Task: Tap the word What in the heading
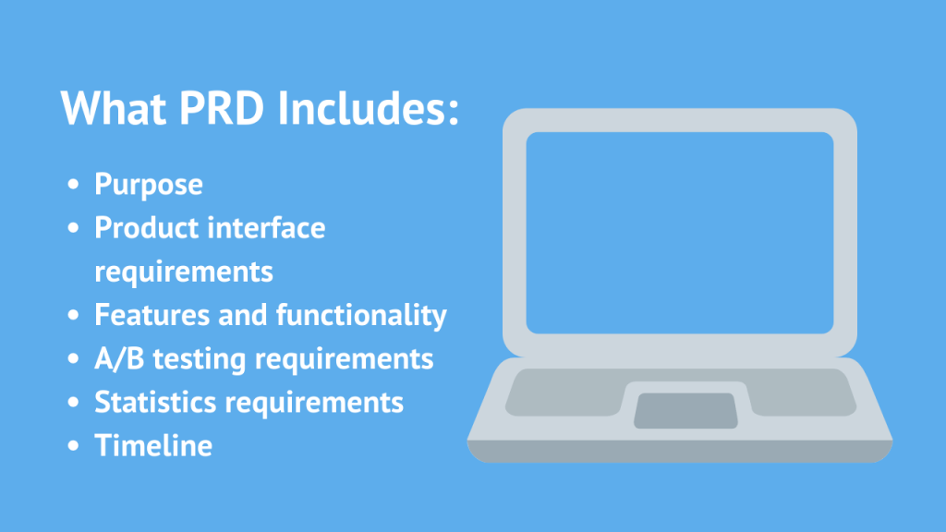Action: [x=110, y=110]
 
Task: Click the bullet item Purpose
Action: [x=149, y=185]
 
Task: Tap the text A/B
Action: [x=118, y=358]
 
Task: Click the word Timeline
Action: [x=153, y=445]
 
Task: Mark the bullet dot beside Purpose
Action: [x=75, y=186]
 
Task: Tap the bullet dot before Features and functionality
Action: [x=75, y=316]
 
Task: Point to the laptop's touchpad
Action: [x=685, y=410]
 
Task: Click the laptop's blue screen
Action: [x=680, y=232]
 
